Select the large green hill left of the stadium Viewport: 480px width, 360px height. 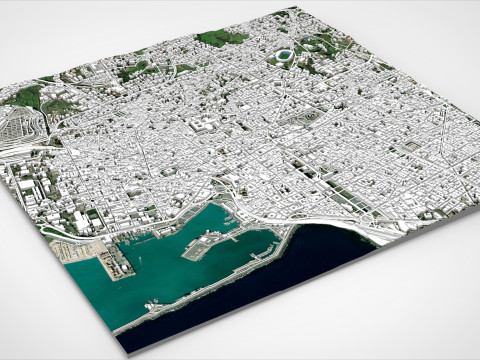coord(222,38)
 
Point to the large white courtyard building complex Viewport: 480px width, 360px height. coord(205,126)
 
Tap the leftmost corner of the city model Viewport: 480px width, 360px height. coord(3,100)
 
